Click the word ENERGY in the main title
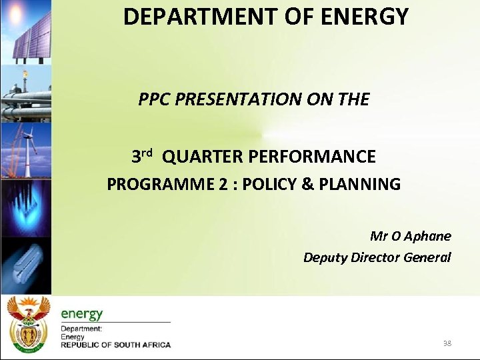pyautogui.click(x=365, y=17)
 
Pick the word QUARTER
pyautogui.click(x=202, y=157)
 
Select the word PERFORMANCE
pyautogui.click(x=312, y=157)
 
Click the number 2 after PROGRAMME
pyautogui.click(x=222, y=185)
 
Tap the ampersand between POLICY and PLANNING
pyautogui.click(x=307, y=185)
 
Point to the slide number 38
pyautogui.click(x=447, y=343)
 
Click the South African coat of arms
pyautogui.click(x=27, y=325)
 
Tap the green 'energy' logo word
pyautogui.click(x=82, y=313)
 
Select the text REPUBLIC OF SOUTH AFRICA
pyautogui.click(x=116, y=345)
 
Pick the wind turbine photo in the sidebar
pyautogui.click(x=25, y=150)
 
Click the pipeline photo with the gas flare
pyautogui.click(x=25, y=93)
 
